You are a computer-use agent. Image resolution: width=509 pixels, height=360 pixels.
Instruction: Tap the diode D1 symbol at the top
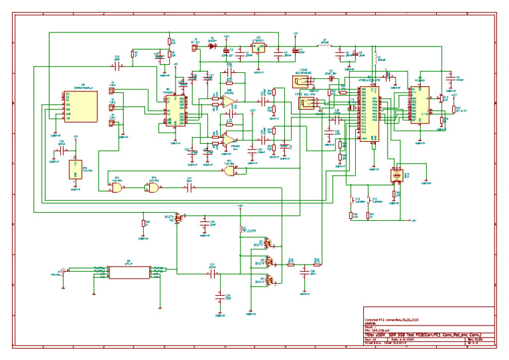coord(213,46)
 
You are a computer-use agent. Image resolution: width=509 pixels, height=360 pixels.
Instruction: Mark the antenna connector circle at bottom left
coord(62,270)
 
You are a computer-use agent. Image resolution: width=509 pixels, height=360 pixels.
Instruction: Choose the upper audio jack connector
coord(302,82)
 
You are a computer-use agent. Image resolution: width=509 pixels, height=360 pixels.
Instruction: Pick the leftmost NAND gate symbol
coord(117,188)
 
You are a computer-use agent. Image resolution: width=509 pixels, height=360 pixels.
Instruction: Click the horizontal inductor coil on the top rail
coord(325,47)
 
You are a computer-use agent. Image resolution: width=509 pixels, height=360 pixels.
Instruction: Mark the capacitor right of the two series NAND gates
coord(189,188)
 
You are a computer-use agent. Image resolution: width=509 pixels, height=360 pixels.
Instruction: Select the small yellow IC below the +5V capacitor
coord(74,169)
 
